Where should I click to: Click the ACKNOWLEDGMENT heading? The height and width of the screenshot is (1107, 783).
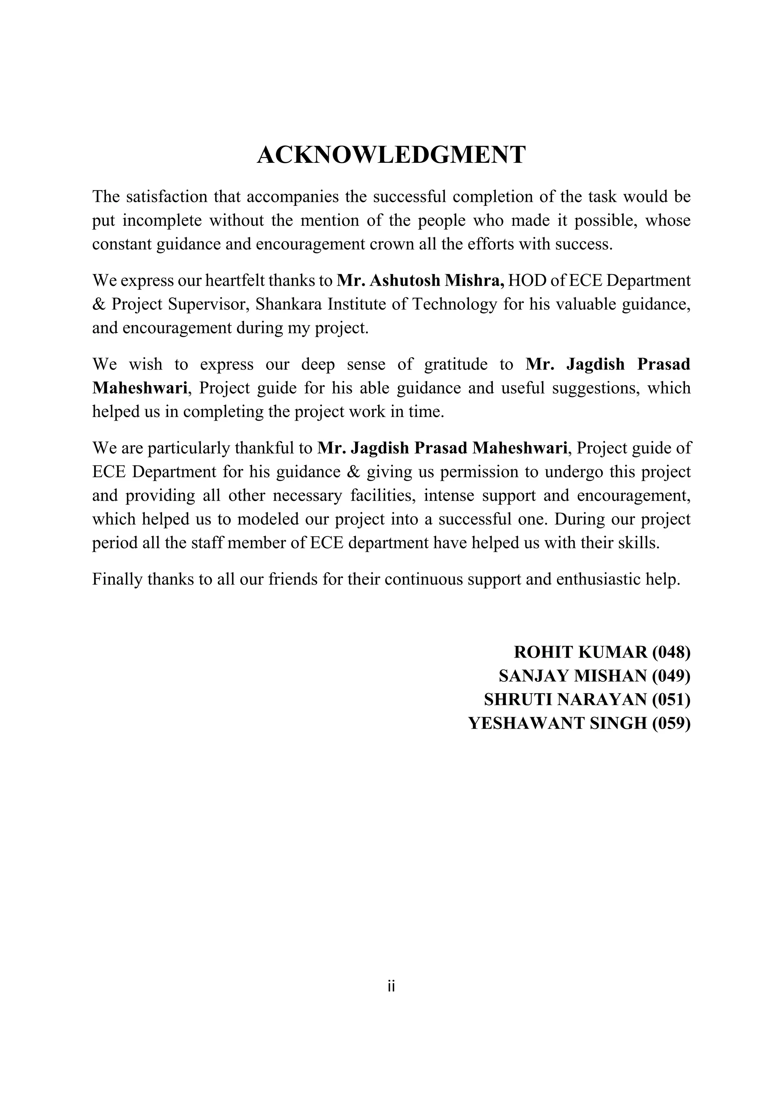tap(391, 155)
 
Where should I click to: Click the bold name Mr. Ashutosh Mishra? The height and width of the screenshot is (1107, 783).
tap(420, 280)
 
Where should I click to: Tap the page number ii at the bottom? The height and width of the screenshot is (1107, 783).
tap(391, 987)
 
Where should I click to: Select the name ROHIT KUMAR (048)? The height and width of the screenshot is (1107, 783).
tap(602, 652)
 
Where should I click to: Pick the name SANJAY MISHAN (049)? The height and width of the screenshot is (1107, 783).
tap(595, 676)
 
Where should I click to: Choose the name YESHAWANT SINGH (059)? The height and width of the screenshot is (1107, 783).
tap(579, 723)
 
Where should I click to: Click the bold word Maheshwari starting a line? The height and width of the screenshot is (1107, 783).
tap(140, 387)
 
